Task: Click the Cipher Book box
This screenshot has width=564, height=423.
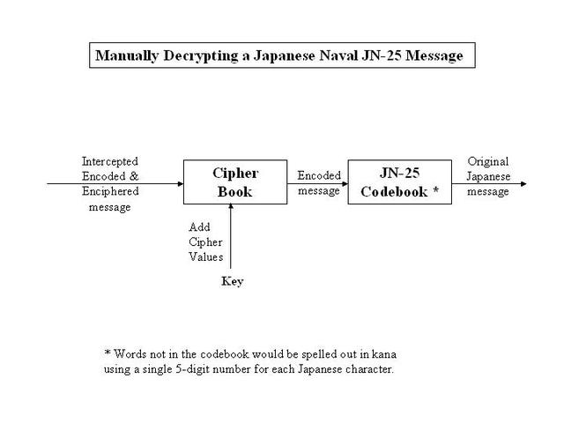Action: [x=234, y=182]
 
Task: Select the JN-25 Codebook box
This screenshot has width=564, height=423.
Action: [x=399, y=182]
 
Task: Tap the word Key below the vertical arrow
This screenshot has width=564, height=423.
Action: [x=232, y=281]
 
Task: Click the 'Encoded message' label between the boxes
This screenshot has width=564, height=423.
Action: [x=318, y=183]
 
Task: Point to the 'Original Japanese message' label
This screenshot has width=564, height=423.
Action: [x=487, y=177]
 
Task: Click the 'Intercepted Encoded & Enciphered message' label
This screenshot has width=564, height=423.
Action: [x=110, y=184]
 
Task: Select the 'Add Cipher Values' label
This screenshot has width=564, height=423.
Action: [x=205, y=242]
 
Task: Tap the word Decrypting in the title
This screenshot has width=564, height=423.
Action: [x=197, y=56]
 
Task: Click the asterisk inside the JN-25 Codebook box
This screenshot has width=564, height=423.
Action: [x=434, y=190]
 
